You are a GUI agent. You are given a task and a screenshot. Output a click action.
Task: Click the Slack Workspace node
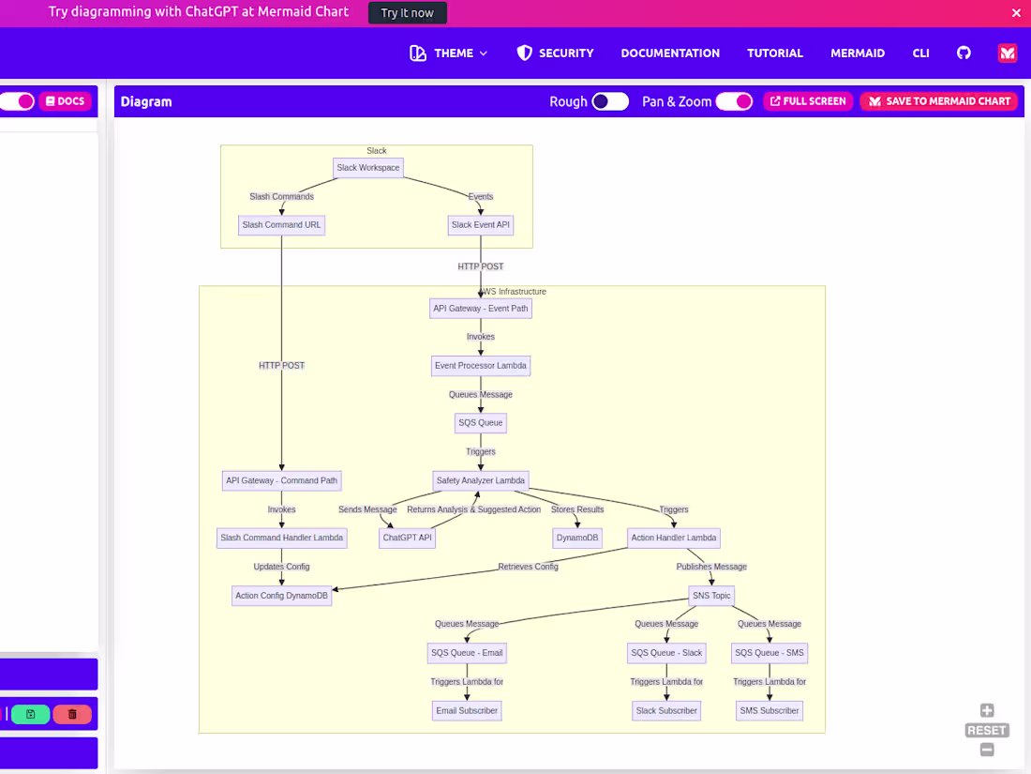368,168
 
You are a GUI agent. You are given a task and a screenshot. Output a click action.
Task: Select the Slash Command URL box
281,225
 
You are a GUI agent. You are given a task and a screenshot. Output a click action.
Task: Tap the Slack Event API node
481,225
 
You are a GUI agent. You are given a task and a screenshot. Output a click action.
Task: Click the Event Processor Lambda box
481,365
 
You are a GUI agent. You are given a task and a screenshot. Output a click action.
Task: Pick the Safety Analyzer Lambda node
481,480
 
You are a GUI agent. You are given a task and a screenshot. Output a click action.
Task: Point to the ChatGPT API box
408,538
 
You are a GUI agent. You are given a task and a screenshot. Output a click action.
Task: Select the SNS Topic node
711,596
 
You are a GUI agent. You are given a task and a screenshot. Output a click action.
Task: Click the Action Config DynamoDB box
281,596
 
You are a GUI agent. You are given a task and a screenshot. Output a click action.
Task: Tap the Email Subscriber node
467,710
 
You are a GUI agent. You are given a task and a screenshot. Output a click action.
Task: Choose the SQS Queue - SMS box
769,653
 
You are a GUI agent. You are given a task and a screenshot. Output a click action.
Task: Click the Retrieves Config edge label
528,567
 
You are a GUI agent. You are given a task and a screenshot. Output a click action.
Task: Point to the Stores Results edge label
577,509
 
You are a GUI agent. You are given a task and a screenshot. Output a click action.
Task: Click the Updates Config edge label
281,567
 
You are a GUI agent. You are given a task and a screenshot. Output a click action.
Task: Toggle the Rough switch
610,101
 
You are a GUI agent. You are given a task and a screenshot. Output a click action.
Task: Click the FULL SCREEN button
808,101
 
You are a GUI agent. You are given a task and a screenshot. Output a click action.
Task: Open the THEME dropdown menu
449,53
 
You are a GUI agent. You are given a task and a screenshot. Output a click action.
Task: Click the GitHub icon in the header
964,53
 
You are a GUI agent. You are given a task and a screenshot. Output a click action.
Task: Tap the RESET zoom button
987,730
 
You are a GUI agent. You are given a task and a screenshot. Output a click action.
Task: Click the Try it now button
408,13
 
